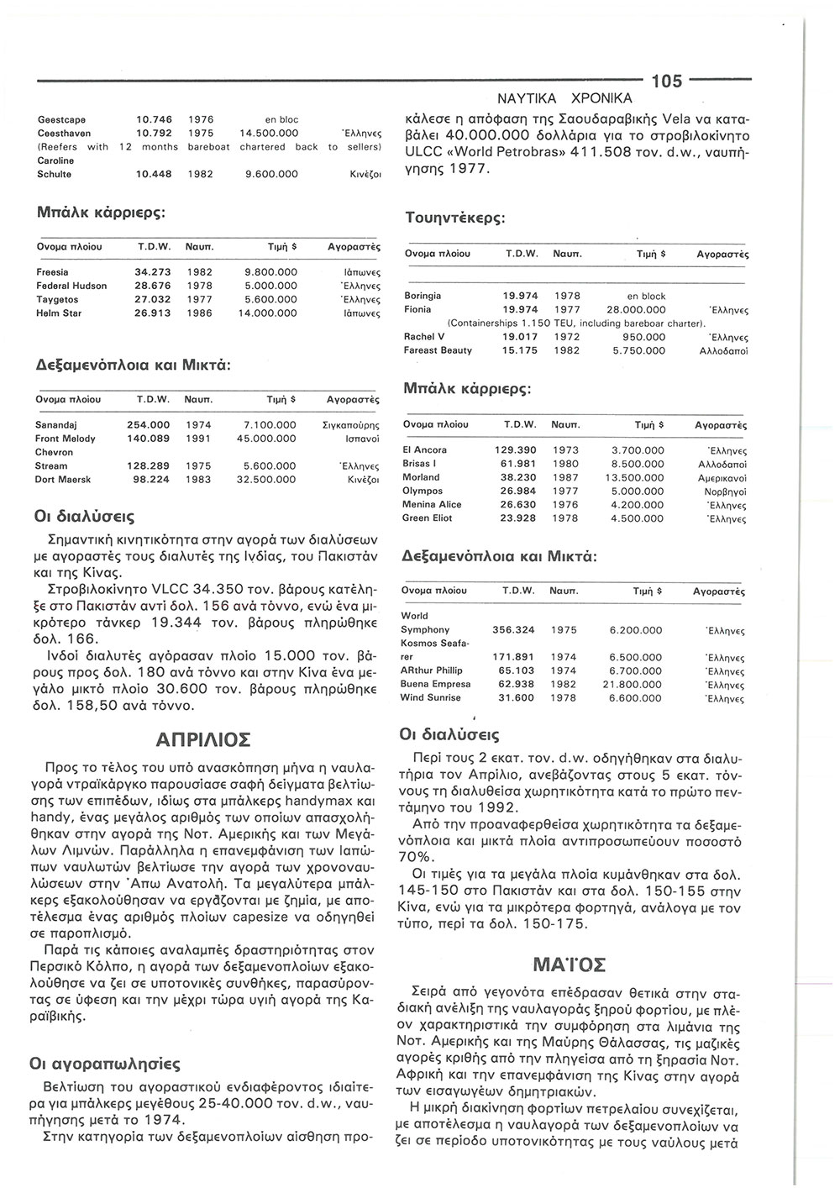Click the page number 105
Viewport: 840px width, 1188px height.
pyautogui.click(x=667, y=81)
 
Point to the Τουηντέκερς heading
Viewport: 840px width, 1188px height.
pyautogui.click(x=454, y=218)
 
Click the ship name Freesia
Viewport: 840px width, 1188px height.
pyautogui.click(x=52, y=272)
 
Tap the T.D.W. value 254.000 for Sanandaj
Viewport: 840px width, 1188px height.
pyautogui.click(x=148, y=425)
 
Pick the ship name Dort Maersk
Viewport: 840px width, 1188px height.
pyautogui.click(x=63, y=479)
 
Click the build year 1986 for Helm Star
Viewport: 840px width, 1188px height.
pyautogui.click(x=200, y=313)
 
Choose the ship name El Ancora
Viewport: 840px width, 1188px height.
pyautogui.click(x=425, y=450)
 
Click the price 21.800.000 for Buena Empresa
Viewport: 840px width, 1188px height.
pyautogui.click(x=636, y=685)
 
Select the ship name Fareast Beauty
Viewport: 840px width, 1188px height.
pyautogui.click(x=438, y=350)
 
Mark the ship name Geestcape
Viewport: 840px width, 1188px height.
pyautogui.click(x=61, y=119)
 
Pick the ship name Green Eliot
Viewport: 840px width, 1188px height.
pyautogui.click(x=428, y=518)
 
